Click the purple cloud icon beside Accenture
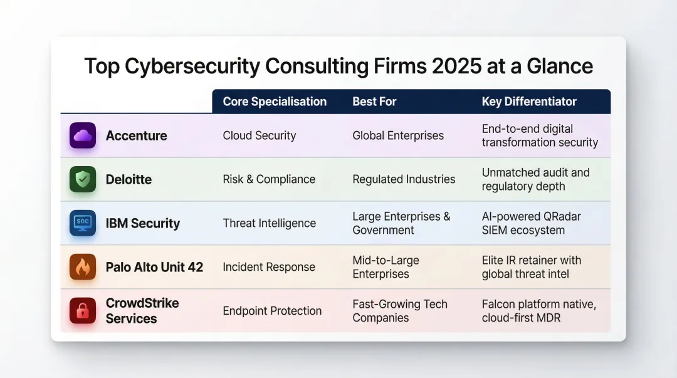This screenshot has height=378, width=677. point(83,135)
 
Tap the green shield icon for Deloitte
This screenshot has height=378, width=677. point(83,179)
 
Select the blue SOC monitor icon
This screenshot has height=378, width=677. point(83,223)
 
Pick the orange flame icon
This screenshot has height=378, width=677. point(83,267)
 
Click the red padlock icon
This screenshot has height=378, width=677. point(83,311)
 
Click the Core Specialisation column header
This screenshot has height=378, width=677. point(275,102)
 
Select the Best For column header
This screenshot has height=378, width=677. point(374,102)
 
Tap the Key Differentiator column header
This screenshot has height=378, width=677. point(529,102)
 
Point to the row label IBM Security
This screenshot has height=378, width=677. point(143,223)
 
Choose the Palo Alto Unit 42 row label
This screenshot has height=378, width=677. point(154,267)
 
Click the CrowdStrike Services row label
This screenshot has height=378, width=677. point(142,311)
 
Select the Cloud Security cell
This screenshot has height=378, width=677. point(260,135)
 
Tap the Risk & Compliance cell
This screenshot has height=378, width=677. point(269,179)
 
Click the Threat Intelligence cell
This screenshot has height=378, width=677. point(270,223)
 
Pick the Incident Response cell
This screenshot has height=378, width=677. point(269,267)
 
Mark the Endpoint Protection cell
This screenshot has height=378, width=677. point(272,311)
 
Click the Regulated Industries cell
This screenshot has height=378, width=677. point(404,179)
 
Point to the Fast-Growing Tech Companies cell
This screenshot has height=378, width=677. point(400,311)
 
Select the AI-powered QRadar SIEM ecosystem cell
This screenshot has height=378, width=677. point(532,223)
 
